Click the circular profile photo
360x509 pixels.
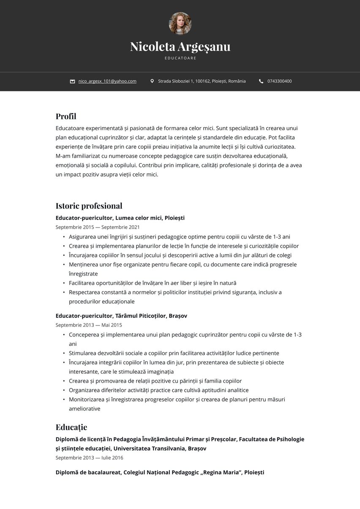180,23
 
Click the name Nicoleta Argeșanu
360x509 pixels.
180,47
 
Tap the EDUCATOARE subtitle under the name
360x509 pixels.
180,58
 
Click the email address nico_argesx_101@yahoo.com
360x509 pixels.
107,81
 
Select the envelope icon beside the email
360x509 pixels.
72,81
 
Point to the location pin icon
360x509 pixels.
152,81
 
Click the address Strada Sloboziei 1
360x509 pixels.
202,81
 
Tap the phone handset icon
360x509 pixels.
261,81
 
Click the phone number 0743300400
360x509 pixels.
279,81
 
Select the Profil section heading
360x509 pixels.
66,116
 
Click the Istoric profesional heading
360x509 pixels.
89,206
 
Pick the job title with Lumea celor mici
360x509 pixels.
120,218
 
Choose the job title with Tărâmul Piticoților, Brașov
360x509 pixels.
121,316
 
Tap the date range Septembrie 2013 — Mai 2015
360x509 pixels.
89,325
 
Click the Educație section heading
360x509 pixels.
71,427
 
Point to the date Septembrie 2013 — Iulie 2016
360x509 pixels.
89,458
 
